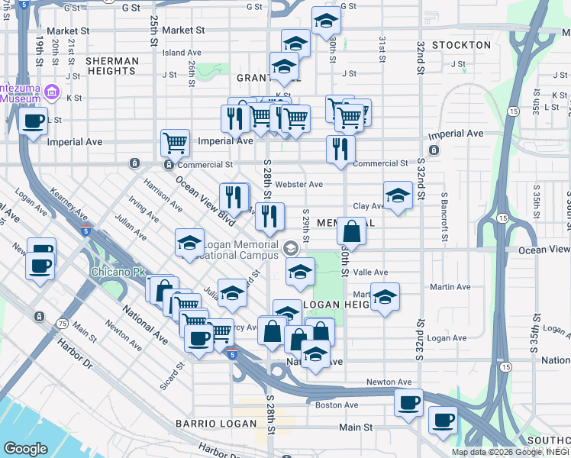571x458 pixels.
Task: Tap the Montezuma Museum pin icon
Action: point(52,93)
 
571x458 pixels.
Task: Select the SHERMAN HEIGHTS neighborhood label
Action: point(112,66)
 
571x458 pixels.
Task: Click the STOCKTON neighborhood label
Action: point(461,45)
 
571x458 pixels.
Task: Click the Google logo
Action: point(25,449)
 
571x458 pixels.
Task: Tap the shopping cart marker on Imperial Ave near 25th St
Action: point(176,142)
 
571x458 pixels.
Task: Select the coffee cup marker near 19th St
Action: point(33,121)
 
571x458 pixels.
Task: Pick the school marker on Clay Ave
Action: point(398,196)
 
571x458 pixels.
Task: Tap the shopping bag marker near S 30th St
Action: point(351,230)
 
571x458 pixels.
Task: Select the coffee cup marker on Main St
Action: point(443,419)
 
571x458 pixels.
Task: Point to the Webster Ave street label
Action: point(299,184)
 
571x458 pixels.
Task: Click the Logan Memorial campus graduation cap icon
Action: point(290,248)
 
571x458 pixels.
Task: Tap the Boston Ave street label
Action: point(337,405)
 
